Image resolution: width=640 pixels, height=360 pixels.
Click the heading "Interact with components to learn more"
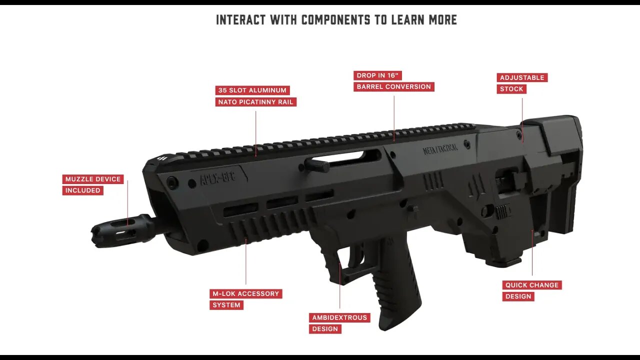[336, 20]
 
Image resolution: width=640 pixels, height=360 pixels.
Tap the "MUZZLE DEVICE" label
[93, 179]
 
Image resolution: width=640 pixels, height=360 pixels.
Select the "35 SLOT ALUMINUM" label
[252, 90]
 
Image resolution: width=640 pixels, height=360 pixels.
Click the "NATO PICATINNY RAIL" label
[256, 102]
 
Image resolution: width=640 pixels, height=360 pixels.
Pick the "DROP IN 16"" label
[378, 75]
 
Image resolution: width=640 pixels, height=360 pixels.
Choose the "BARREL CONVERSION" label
[393, 87]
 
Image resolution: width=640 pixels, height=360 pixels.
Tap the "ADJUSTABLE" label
[522, 78]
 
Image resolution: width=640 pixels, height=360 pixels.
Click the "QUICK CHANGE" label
[532, 285]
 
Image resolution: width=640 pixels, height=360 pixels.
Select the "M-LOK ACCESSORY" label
[245, 293]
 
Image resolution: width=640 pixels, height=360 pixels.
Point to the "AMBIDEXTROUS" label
[339, 317]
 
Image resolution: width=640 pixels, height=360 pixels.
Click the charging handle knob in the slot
[317, 164]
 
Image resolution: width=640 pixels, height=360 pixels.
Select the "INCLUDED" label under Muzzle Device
[83, 190]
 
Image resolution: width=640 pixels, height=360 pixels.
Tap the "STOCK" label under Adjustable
[511, 89]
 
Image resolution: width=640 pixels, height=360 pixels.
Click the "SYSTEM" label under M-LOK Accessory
[226, 305]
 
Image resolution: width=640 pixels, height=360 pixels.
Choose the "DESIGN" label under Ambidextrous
[325, 329]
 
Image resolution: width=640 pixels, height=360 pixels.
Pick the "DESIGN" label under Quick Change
[518, 296]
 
